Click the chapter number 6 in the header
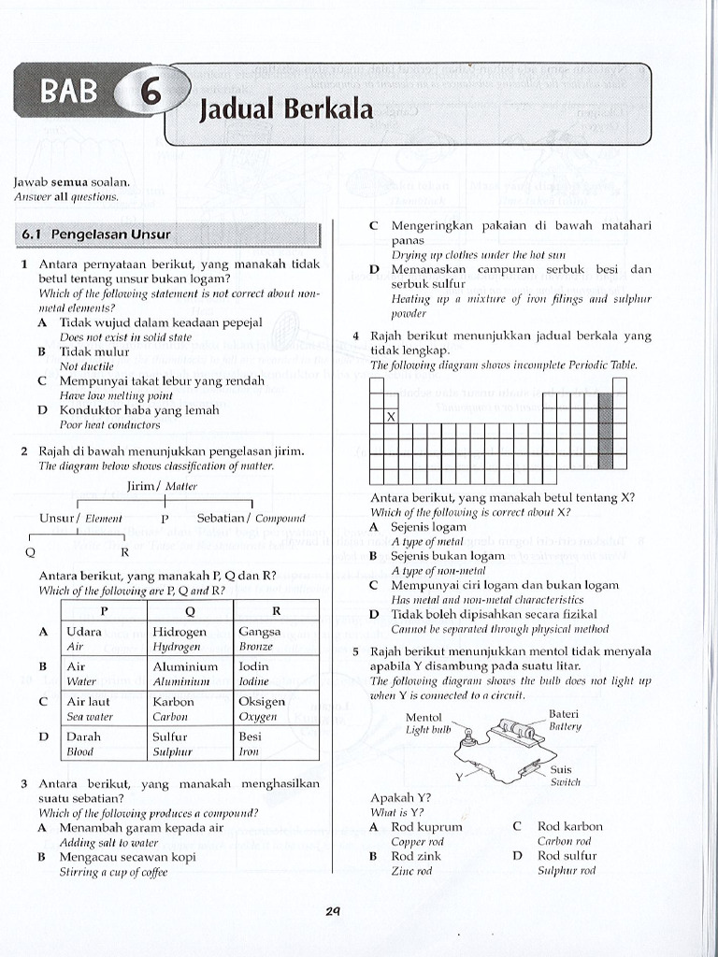149,94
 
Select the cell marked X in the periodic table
391,417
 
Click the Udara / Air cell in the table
103,638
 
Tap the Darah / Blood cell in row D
103,743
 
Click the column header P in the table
104,610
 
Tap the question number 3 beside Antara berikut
23,783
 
